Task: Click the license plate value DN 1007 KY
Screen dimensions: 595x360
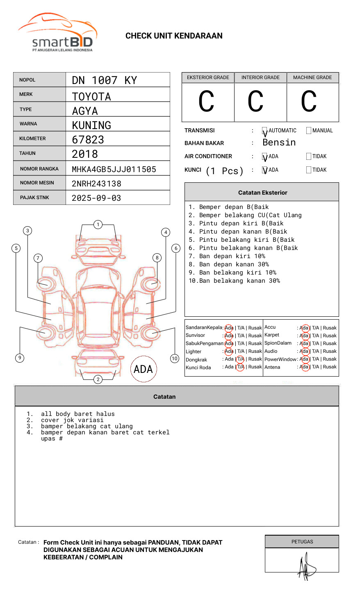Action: point(104,80)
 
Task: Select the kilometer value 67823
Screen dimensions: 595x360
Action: point(88,140)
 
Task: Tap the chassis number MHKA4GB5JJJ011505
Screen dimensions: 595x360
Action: point(114,169)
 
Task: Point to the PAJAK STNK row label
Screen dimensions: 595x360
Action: point(34,198)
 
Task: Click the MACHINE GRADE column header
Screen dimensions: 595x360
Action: point(312,77)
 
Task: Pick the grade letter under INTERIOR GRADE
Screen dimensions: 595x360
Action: point(255,102)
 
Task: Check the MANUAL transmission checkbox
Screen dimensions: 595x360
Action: point(309,131)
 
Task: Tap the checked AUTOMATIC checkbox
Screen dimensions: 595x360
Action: point(265,131)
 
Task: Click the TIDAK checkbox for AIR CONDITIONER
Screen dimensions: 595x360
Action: point(309,157)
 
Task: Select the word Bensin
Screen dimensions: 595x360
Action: point(279,143)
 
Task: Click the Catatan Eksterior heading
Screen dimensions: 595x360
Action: point(262,193)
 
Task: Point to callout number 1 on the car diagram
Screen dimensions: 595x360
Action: point(98,225)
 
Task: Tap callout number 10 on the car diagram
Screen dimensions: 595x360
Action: point(175,359)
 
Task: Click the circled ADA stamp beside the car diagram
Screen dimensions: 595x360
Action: point(143,369)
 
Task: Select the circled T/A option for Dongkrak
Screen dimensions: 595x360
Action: point(240,359)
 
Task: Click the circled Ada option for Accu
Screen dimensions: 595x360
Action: point(304,328)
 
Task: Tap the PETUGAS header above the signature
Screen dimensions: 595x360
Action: point(302,542)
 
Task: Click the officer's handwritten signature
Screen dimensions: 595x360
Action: point(305,566)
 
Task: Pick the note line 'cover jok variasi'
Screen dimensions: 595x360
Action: point(72,420)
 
